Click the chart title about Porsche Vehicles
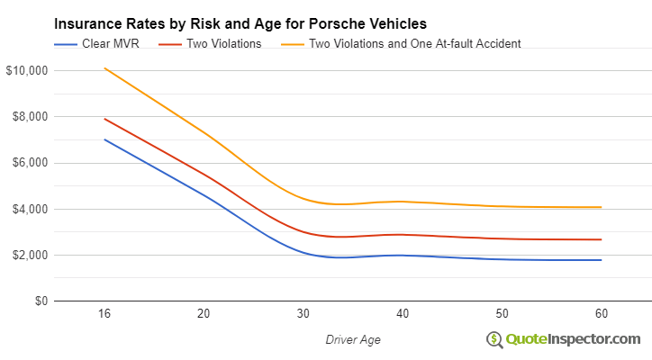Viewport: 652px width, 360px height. (x=240, y=22)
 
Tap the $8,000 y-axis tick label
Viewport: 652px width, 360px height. (x=27, y=117)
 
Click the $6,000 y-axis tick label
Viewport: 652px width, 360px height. (x=27, y=163)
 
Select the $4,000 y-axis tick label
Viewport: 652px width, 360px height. (x=27, y=209)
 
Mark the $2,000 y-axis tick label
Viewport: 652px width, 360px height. (x=27, y=255)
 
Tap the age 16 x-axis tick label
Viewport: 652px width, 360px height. (x=104, y=314)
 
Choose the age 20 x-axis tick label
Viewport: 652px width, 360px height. (x=204, y=314)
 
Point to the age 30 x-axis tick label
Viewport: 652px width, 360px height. (x=303, y=314)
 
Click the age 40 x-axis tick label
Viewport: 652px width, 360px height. (x=402, y=314)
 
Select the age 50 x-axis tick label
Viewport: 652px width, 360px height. (x=501, y=314)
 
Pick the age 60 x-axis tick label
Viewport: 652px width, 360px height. (x=600, y=314)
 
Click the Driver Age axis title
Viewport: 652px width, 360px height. (x=352, y=339)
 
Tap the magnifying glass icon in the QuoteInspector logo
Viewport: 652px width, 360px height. (x=494, y=340)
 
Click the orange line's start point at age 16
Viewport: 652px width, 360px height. (x=104, y=68)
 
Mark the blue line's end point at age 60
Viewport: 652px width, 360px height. (x=601, y=260)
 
